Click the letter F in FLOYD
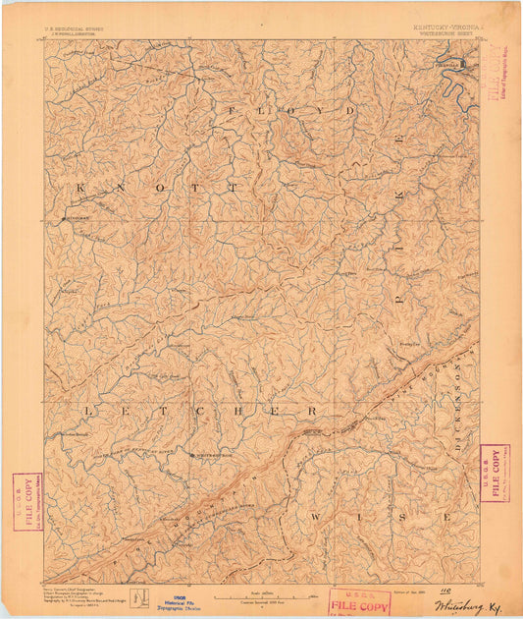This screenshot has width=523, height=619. [x=233, y=111]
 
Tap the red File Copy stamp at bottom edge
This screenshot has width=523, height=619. [x=360, y=603]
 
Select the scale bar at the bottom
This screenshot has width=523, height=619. [x=258, y=595]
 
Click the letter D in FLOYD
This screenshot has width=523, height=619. [x=350, y=111]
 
